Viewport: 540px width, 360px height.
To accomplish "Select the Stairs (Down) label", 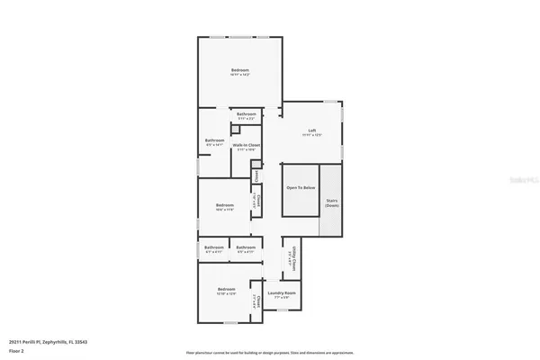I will (332, 203).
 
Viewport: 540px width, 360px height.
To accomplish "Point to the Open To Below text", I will (301, 187).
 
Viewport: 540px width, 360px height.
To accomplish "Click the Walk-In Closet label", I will (246, 147).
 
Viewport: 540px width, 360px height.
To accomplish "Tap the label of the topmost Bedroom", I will (239, 71).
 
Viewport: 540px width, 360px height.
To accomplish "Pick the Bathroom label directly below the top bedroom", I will (246, 114).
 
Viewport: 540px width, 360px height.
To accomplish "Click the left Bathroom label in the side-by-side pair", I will (213, 248).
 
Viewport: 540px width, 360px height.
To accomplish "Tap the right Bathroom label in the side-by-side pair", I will (246, 248).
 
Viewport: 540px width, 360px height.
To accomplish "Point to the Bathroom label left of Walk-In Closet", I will (214, 140).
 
